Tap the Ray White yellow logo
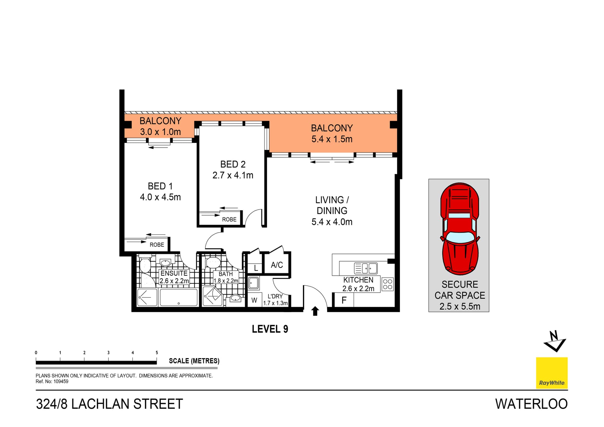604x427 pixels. pos(551,373)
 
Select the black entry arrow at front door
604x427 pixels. pos(315,311)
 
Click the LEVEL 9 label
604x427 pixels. pos(270,329)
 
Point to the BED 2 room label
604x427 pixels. pos(233,164)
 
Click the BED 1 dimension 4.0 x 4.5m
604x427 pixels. pos(160,197)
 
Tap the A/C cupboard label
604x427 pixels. pos(277,265)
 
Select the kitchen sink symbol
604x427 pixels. pos(366,268)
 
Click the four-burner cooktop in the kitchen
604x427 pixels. pos(388,284)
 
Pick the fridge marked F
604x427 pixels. pos(344,300)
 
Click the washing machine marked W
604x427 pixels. pos(254,301)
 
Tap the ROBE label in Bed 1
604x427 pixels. pos(157,245)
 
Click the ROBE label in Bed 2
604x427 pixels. pos(229,220)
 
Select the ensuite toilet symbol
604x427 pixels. pos(145,265)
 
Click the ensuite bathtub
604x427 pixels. pos(178,297)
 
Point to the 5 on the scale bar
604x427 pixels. pos(157,353)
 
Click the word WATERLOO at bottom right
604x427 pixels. pos(531,404)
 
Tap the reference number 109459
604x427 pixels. pos(61,381)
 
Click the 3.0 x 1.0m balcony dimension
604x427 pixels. pos(160,132)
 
